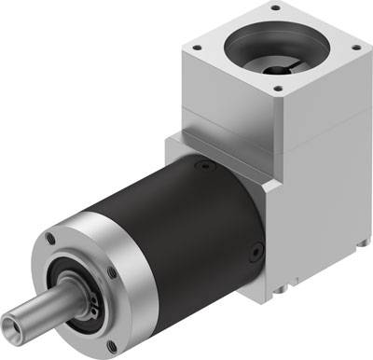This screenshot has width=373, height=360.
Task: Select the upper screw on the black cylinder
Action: [199, 167]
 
